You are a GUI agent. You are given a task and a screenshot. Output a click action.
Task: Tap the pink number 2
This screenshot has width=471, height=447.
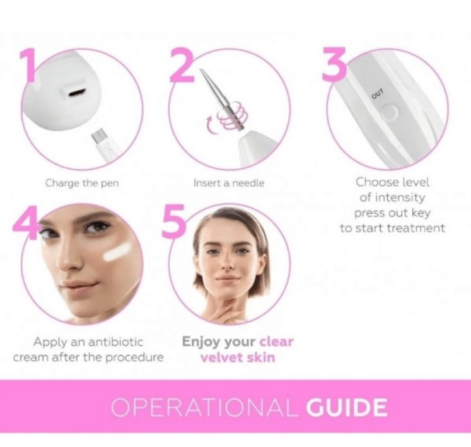tap(182, 65)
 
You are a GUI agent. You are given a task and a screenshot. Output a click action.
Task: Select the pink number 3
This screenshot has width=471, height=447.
tap(335, 64)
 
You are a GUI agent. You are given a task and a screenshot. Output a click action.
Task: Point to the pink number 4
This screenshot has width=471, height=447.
tap(26, 223)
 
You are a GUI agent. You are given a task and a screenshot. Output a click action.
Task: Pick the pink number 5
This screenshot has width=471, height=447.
tap(173, 221)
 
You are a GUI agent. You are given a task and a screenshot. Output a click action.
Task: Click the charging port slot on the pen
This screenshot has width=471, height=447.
tap(77, 93)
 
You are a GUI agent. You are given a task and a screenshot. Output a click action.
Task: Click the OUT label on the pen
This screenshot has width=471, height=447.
tap(378, 93)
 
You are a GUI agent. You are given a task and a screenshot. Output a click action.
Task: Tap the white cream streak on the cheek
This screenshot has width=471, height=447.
tap(117, 252)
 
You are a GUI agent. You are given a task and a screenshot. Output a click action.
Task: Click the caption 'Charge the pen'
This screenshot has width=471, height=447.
tap(82, 183)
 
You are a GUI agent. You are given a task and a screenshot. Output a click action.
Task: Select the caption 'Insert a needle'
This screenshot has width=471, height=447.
tap(229, 183)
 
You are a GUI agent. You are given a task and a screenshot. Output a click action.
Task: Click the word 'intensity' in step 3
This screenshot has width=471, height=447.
tap(400, 198)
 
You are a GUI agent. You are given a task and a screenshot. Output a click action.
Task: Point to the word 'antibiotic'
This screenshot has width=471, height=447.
tap(115, 342)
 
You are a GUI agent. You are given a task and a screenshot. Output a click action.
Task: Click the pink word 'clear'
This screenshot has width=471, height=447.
tap(276, 342)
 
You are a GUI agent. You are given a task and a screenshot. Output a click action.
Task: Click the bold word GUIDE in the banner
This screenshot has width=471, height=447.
tap(347, 408)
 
